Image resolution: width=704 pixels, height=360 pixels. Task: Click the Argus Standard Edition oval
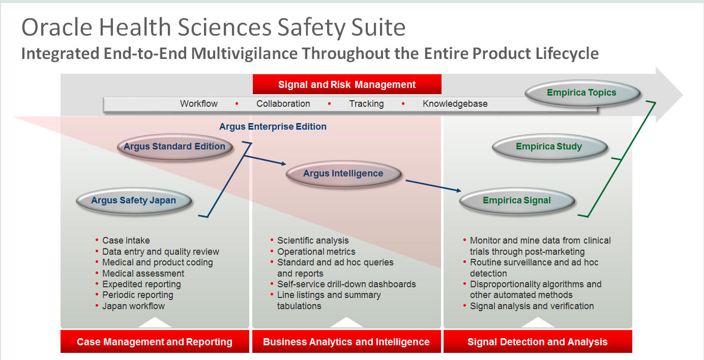coord(175,147)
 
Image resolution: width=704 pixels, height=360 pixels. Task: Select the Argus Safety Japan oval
coord(134,200)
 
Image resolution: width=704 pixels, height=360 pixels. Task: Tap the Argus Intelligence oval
coord(343,174)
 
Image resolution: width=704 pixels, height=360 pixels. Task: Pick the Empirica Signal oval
coord(517,200)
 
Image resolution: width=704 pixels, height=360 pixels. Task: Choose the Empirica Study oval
coord(549,147)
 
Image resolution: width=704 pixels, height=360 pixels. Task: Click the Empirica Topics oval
coord(582,93)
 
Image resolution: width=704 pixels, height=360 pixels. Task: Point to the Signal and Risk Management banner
coord(347,84)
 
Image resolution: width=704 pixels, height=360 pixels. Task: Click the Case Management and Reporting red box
coord(155,342)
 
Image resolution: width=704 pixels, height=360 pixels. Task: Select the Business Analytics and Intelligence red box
coord(346,342)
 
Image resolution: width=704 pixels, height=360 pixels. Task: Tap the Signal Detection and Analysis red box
coord(538,342)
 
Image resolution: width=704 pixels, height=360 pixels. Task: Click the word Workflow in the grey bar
coord(198,104)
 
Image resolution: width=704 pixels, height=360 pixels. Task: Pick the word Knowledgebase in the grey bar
coord(455,104)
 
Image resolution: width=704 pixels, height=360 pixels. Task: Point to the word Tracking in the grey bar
coord(366,104)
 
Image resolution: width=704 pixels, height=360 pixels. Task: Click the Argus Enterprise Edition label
coord(273,127)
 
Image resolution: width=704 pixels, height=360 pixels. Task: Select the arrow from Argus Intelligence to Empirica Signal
coord(433,186)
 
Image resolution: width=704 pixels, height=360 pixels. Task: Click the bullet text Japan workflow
coord(133,306)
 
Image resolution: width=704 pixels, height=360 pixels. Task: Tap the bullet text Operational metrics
coord(316,252)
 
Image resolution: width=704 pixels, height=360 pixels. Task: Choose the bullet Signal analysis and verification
coord(532,306)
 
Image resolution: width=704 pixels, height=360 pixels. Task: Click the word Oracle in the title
coord(57,27)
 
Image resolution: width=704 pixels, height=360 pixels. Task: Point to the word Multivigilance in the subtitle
coord(244,53)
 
